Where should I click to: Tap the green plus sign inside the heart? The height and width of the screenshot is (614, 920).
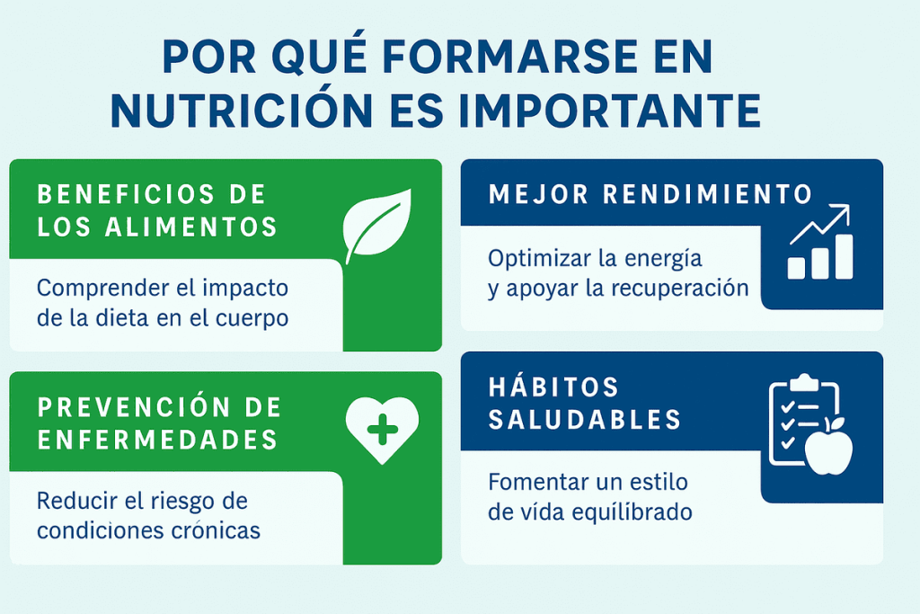[x=382, y=427]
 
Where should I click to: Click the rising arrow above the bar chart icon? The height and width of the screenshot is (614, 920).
[x=819, y=224]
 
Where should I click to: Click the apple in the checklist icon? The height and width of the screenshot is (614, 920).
[x=828, y=447]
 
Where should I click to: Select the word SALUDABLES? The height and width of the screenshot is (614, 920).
[x=585, y=419]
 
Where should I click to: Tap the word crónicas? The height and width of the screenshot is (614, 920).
[x=214, y=530]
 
